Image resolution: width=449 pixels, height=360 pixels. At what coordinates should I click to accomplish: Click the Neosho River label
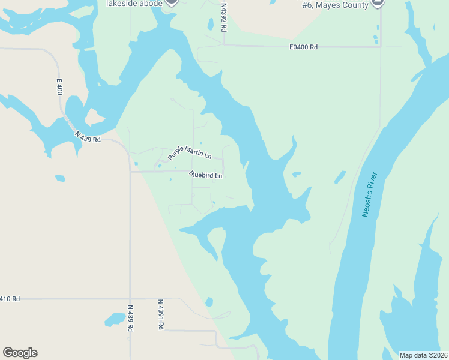369,194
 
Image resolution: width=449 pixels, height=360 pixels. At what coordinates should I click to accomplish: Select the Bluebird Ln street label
205,175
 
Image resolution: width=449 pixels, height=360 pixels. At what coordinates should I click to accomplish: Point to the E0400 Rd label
303,46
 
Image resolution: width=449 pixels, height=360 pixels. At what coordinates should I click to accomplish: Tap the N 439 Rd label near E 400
88,137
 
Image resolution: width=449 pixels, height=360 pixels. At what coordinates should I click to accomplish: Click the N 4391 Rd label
160,314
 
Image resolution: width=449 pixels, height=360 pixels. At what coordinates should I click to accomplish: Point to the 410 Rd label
10,298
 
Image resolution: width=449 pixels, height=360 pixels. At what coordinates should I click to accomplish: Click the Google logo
20,353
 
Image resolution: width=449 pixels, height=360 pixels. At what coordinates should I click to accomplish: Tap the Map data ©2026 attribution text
423,355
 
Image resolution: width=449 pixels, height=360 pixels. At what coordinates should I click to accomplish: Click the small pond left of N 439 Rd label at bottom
114,319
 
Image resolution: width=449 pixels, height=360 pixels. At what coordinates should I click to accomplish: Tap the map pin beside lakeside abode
172,2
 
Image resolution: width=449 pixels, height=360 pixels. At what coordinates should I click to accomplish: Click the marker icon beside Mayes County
378,2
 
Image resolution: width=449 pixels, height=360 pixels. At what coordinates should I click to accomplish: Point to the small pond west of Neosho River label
340,177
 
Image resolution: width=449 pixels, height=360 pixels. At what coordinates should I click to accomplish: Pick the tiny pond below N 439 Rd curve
59,178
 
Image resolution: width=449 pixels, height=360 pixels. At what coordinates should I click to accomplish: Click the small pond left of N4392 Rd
210,24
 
